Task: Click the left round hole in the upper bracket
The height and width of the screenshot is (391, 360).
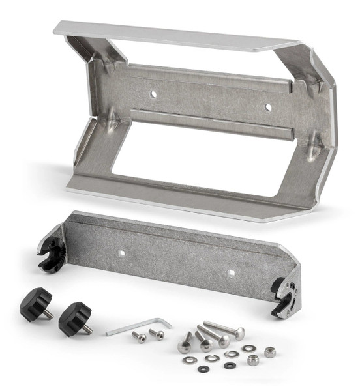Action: pyautogui.click(x=153, y=94)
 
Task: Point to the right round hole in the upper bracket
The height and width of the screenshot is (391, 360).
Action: pyautogui.click(x=267, y=106)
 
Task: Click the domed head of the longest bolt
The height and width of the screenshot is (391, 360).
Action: pyautogui.click(x=239, y=334)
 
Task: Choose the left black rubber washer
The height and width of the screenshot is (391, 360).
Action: pyautogui.click(x=203, y=369)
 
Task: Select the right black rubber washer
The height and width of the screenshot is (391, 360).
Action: pyautogui.click(x=229, y=366)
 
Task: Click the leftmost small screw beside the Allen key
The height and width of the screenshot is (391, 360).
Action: pyautogui.click(x=138, y=336)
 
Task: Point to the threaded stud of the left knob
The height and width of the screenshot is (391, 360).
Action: pyautogui.click(x=48, y=314)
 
